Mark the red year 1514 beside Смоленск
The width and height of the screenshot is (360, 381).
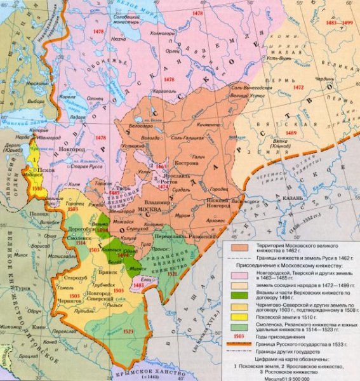(x=80, y=242)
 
